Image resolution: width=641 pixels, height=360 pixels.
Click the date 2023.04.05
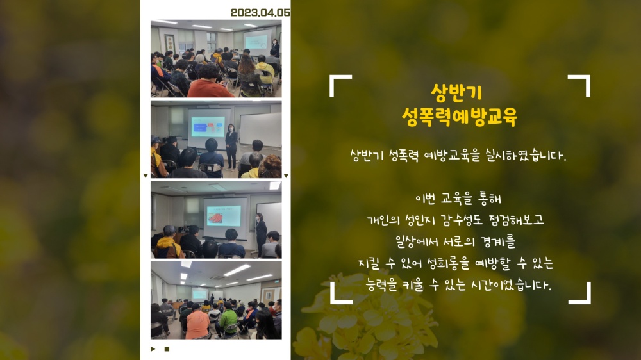click(260, 13)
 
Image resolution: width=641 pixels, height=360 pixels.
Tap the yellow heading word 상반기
click(456, 93)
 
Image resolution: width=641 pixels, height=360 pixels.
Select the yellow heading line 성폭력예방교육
click(459, 117)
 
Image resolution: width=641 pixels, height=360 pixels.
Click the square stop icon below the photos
click(167, 349)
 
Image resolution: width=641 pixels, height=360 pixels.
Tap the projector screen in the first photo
click(258, 41)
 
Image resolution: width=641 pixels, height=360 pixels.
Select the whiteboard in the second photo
click(260, 130)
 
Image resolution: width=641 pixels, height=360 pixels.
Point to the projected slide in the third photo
click(224, 216)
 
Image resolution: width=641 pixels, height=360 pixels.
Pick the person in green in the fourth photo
click(227, 321)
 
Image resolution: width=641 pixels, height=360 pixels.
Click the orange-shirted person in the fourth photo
click(197, 323)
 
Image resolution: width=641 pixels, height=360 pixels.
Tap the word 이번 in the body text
click(425, 199)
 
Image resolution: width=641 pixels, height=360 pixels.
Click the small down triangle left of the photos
click(146, 176)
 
